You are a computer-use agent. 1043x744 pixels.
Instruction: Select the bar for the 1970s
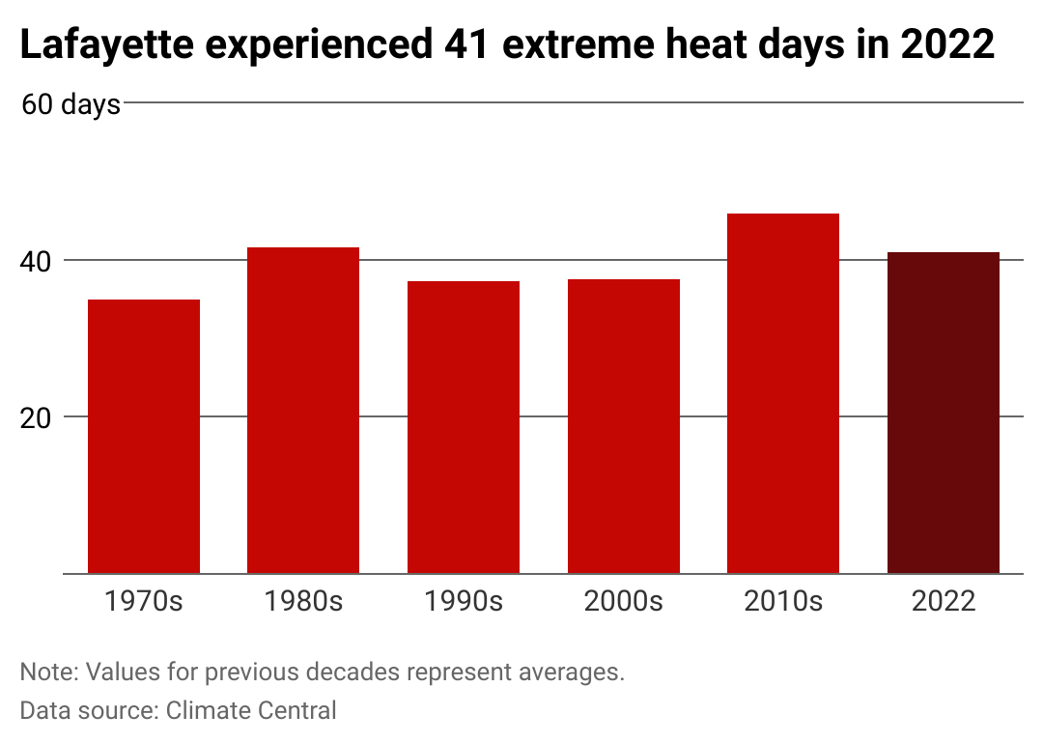click(x=144, y=437)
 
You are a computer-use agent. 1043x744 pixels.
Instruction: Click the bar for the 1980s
click(x=303, y=411)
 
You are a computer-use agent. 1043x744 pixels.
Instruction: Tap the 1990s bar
click(x=464, y=427)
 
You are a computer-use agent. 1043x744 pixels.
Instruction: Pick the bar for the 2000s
click(x=624, y=426)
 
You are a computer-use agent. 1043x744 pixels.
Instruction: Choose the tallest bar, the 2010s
click(x=783, y=393)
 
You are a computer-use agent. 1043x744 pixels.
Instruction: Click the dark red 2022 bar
click(x=944, y=413)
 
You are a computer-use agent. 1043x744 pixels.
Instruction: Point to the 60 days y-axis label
click(x=70, y=104)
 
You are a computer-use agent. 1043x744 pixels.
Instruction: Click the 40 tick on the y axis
click(x=36, y=262)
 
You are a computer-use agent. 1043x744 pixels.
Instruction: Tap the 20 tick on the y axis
click(x=36, y=418)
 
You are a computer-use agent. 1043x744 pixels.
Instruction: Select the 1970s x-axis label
click(x=144, y=601)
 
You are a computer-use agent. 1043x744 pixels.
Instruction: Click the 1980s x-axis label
click(x=303, y=601)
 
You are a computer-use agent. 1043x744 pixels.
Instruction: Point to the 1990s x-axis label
click(x=464, y=601)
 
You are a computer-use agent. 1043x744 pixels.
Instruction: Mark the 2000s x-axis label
click(x=624, y=601)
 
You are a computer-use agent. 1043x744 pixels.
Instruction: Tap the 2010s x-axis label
click(x=783, y=601)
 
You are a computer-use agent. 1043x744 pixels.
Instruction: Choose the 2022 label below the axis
click(x=944, y=601)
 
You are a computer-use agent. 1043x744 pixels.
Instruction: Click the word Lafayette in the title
click(x=107, y=45)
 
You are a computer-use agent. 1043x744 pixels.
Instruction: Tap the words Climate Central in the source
click(x=251, y=710)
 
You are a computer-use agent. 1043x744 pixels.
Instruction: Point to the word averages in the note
click(x=572, y=672)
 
